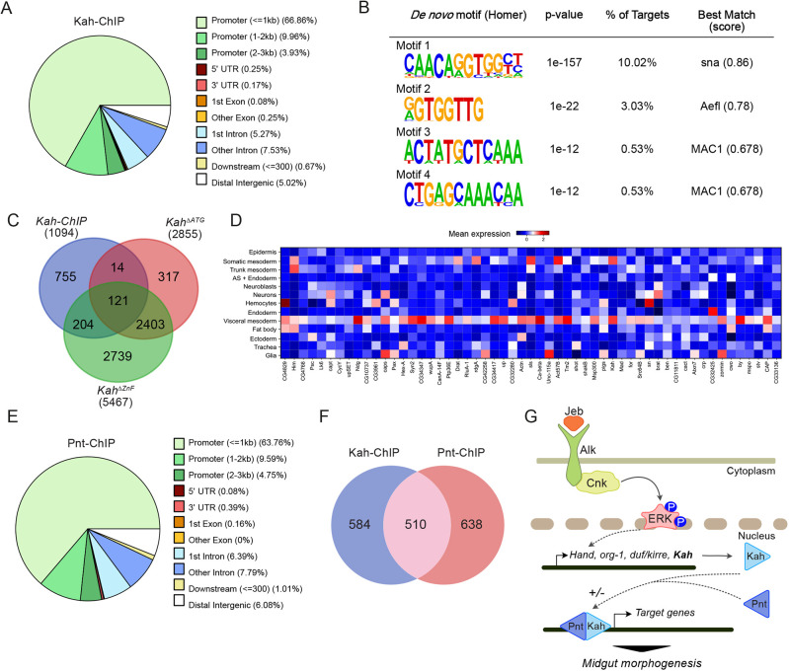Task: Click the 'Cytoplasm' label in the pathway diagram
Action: point(750,499)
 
